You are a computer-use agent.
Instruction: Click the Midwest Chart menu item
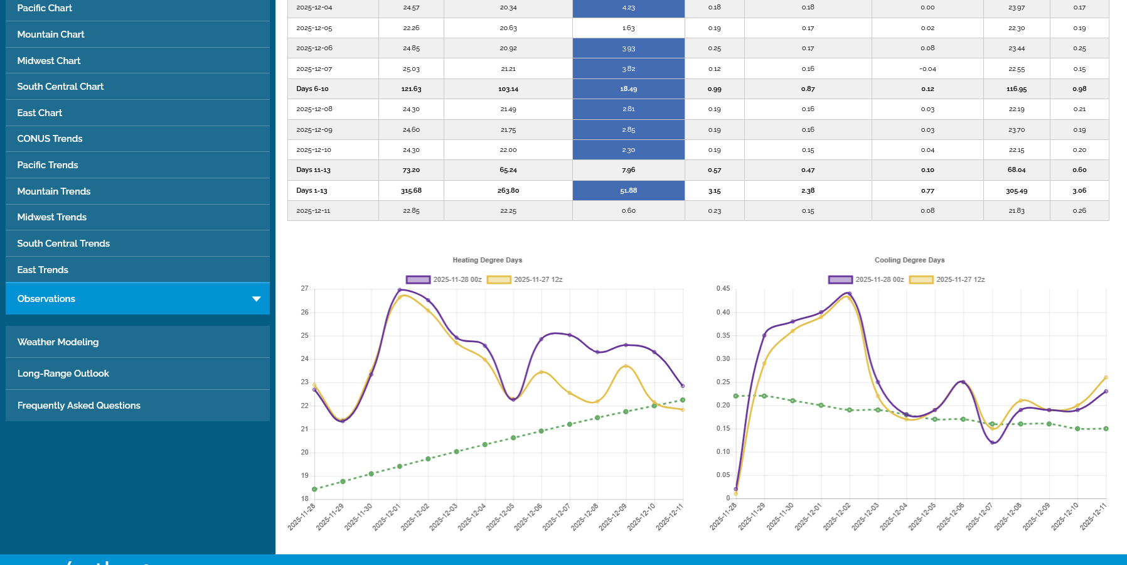point(49,61)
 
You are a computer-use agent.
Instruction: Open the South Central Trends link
point(63,244)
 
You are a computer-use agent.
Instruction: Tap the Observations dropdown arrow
point(256,299)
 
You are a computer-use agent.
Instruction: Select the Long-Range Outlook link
point(63,374)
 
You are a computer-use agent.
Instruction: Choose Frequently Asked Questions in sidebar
point(79,406)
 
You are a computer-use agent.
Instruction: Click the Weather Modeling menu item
point(58,342)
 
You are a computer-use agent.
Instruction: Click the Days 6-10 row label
point(312,89)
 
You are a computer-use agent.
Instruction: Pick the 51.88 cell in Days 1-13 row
point(628,191)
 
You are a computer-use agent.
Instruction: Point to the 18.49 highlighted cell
point(628,89)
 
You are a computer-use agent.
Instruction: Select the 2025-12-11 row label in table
point(313,211)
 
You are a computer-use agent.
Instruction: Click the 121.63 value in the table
point(411,89)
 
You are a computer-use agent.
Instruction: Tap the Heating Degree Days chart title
point(487,260)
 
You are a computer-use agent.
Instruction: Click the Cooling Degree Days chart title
point(909,260)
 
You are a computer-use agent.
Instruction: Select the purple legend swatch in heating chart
point(418,280)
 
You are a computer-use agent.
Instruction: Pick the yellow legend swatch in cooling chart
point(921,280)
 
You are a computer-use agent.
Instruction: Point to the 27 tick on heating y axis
point(304,289)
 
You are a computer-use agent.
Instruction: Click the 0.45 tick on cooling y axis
point(723,289)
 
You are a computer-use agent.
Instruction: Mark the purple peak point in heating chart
point(400,290)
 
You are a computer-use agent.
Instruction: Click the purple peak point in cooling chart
point(850,293)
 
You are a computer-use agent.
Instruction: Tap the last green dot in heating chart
point(683,400)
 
